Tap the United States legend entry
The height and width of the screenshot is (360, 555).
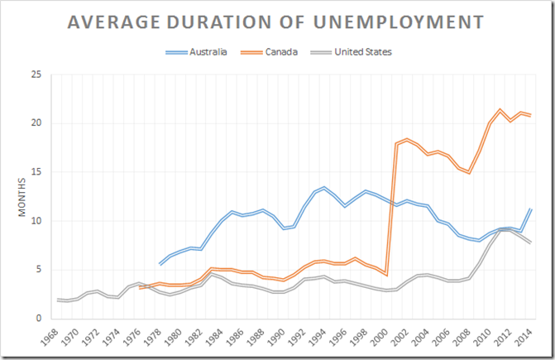pos(361,52)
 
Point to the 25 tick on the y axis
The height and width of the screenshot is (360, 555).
pos(36,74)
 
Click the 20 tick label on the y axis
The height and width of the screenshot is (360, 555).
pos(36,123)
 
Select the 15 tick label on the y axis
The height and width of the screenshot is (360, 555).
pos(36,172)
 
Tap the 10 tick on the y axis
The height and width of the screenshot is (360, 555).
pos(36,221)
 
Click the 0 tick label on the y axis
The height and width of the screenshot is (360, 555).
pos(38,319)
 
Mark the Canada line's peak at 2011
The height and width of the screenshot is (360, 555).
pos(500,109)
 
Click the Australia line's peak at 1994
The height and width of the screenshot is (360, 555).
pos(325,187)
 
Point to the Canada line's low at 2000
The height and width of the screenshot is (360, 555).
pos(386,275)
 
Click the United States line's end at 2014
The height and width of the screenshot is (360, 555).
pos(530,242)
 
